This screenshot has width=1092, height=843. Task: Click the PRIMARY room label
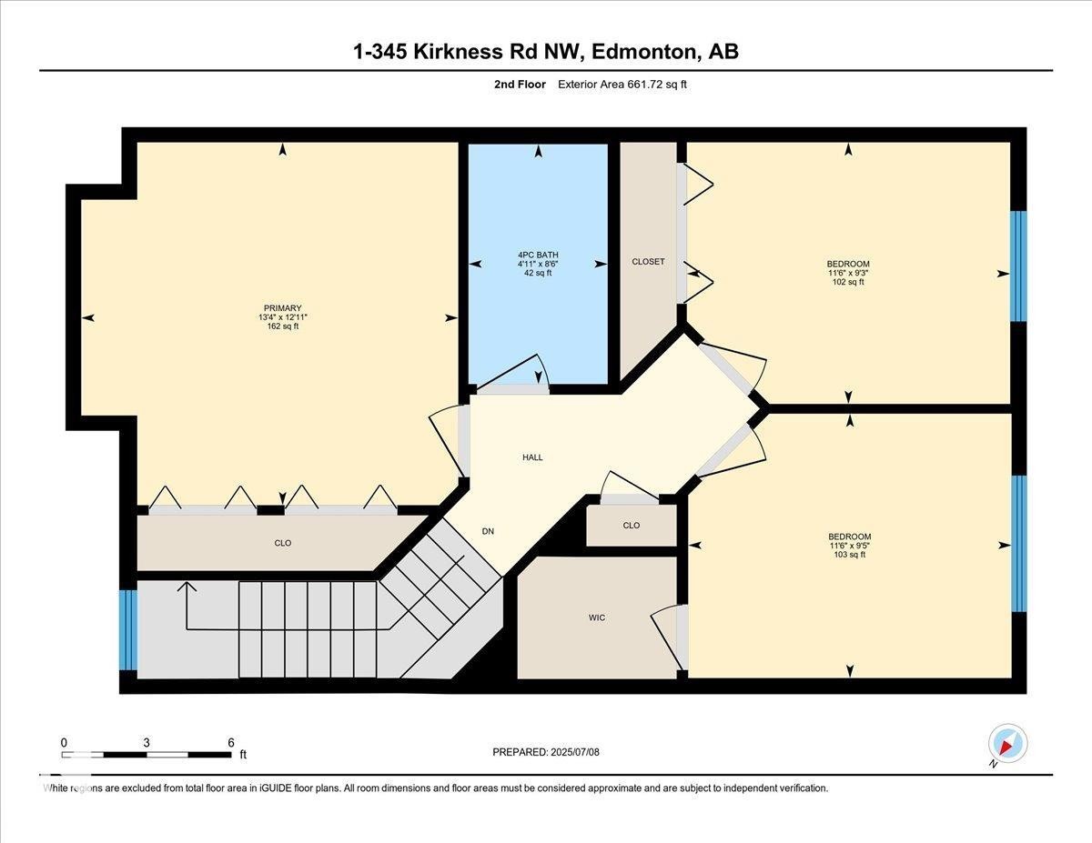pyautogui.click(x=282, y=307)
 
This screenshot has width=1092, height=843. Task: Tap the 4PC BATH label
pyautogui.click(x=538, y=255)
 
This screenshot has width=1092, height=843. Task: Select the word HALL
pyautogui.click(x=532, y=457)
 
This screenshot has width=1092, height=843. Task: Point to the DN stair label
pyautogui.click(x=488, y=531)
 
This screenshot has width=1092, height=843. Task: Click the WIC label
pyautogui.click(x=596, y=617)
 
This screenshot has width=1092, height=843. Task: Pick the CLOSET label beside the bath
pyautogui.click(x=648, y=262)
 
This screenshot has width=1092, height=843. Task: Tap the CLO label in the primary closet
pyautogui.click(x=282, y=543)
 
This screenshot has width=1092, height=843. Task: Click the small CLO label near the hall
pyautogui.click(x=632, y=526)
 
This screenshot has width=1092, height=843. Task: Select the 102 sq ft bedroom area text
pyautogui.click(x=848, y=282)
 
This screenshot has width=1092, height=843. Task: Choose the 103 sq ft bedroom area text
pyautogui.click(x=849, y=555)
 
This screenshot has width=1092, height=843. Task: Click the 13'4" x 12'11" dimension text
pyautogui.click(x=282, y=316)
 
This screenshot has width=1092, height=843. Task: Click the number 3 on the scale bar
pyautogui.click(x=147, y=743)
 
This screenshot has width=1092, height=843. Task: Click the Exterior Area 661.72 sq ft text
pyautogui.click(x=622, y=85)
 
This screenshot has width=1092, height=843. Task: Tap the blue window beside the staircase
pyautogui.click(x=128, y=629)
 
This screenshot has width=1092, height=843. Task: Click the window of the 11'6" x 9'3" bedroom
pyautogui.click(x=1018, y=266)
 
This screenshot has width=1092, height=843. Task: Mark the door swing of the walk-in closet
pyautogui.click(x=667, y=637)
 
